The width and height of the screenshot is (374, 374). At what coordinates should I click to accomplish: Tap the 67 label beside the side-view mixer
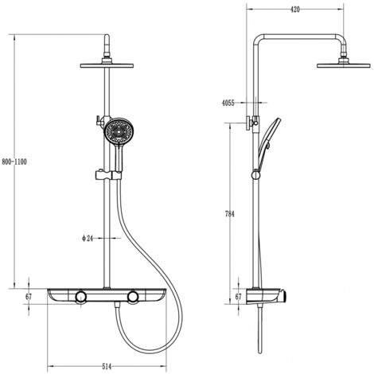pyautogui.click(x=238, y=297)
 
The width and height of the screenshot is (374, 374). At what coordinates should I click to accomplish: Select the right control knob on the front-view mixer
pyautogui.click(x=132, y=298)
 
